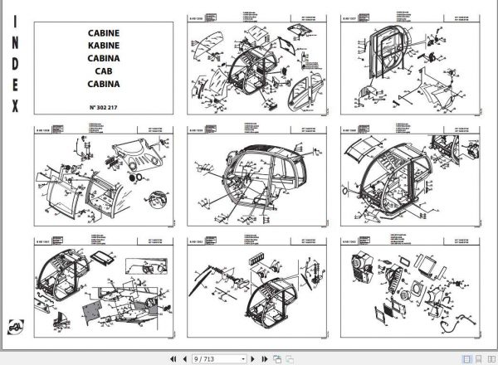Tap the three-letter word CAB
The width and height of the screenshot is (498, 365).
point(102,72)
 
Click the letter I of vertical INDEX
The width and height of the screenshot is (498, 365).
point(14,31)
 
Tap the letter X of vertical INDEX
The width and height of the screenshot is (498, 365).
point(14,105)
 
